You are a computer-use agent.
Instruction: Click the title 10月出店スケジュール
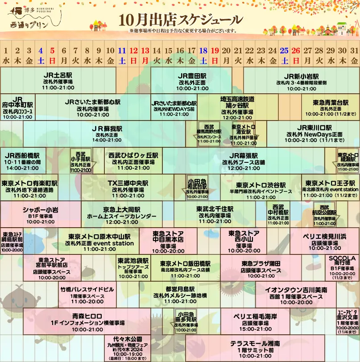point(181,20)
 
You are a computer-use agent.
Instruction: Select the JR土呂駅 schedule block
point(58,81)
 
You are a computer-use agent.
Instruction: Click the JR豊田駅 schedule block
point(191,81)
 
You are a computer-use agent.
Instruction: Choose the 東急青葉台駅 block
point(330,107)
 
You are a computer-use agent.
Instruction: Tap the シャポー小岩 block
point(40,214)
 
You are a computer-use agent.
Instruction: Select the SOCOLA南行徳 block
point(342,267)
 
